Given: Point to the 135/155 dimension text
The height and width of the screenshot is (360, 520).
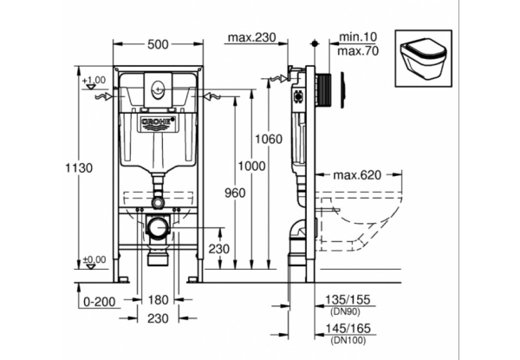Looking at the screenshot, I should point(347,300).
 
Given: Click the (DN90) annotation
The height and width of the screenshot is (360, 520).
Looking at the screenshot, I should point(346,311).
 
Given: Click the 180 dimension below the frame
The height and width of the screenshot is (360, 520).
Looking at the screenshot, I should point(158,300).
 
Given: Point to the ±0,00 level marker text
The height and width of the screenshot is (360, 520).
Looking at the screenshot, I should point(94,259).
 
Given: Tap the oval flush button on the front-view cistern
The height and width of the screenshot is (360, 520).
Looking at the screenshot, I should point(158,86).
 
